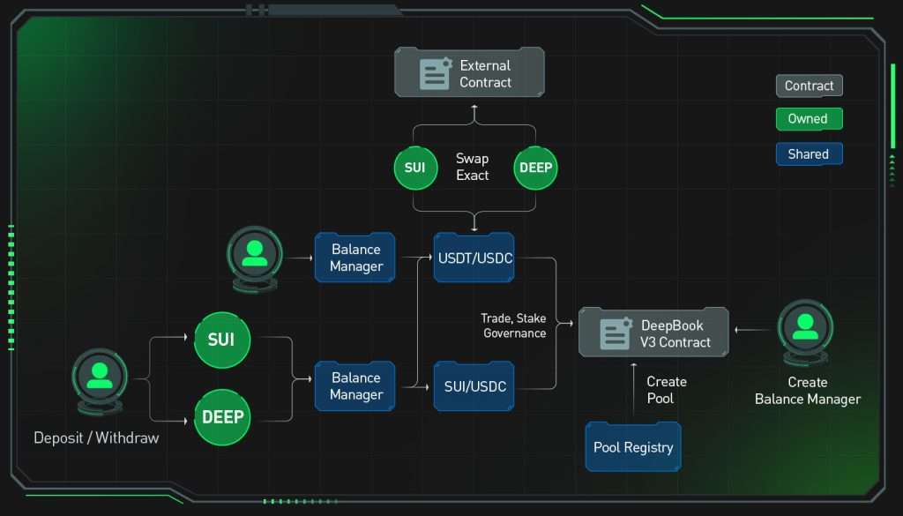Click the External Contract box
click(x=469, y=72)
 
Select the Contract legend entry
click(x=810, y=86)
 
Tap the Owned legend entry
click(x=810, y=118)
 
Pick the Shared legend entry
click(x=810, y=153)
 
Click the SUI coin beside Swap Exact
click(x=415, y=168)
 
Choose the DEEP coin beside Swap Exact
click(x=535, y=168)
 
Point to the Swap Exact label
click(x=473, y=167)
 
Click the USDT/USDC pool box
click(x=474, y=258)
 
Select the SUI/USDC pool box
click(x=474, y=385)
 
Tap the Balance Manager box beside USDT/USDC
click(x=355, y=258)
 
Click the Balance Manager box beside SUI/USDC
click(x=355, y=385)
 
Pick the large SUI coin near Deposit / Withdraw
click(x=222, y=340)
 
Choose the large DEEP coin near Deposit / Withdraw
click(x=222, y=417)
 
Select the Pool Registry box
click(x=633, y=447)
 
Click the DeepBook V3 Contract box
click(x=653, y=333)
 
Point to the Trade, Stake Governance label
click(x=514, y=325)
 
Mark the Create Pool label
click(x=667, y=390)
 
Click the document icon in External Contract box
click(x=435, y=73)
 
